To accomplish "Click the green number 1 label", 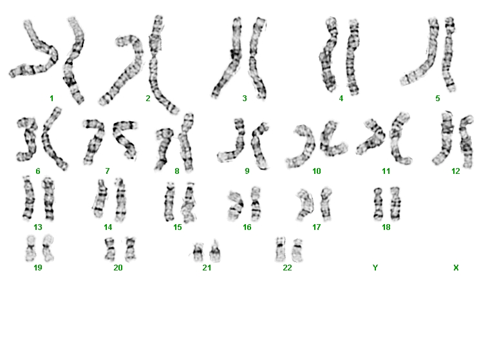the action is [x=52, y=99].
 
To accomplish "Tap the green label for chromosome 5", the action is [x=438, y=99].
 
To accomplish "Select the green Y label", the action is [x=375, y=267].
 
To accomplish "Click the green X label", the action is [x=456, y=267].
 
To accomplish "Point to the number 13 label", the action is [x=37, y=227].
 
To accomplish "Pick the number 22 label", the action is [x=287, y=267].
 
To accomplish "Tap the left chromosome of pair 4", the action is [x=328, y=55].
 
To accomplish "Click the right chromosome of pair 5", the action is [x=449, y=55].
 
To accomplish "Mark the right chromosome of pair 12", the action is [x=467, y=142].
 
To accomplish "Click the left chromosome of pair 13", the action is [x=28, y=198].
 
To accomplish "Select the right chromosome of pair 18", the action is [x=395, y=203].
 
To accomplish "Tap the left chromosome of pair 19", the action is [x=30, y=248].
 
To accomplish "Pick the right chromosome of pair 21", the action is [x=215, y=252].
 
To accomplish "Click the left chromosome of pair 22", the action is [x=281, y=249].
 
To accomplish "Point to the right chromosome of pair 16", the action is [x=256, y=204].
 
